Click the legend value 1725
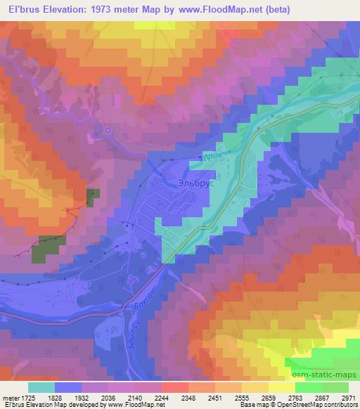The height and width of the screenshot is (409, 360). [x=27, y=398]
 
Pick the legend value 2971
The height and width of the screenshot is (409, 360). [x=349, y=398]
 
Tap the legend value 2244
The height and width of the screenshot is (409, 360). [x=162, y=398]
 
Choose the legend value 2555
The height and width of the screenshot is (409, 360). [x=241, y=398]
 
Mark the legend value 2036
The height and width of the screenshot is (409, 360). [x=108, y=398]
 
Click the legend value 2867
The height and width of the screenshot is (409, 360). [x=322, y=398]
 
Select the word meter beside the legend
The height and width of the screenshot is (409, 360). [x=9, y=398]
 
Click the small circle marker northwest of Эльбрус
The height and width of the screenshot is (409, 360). [x=108, y=130]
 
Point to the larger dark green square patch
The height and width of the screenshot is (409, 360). [x=49, y=248]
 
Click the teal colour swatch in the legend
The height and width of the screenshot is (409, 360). [x=41, y=387]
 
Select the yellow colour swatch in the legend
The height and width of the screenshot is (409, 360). [x=281, y=387]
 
